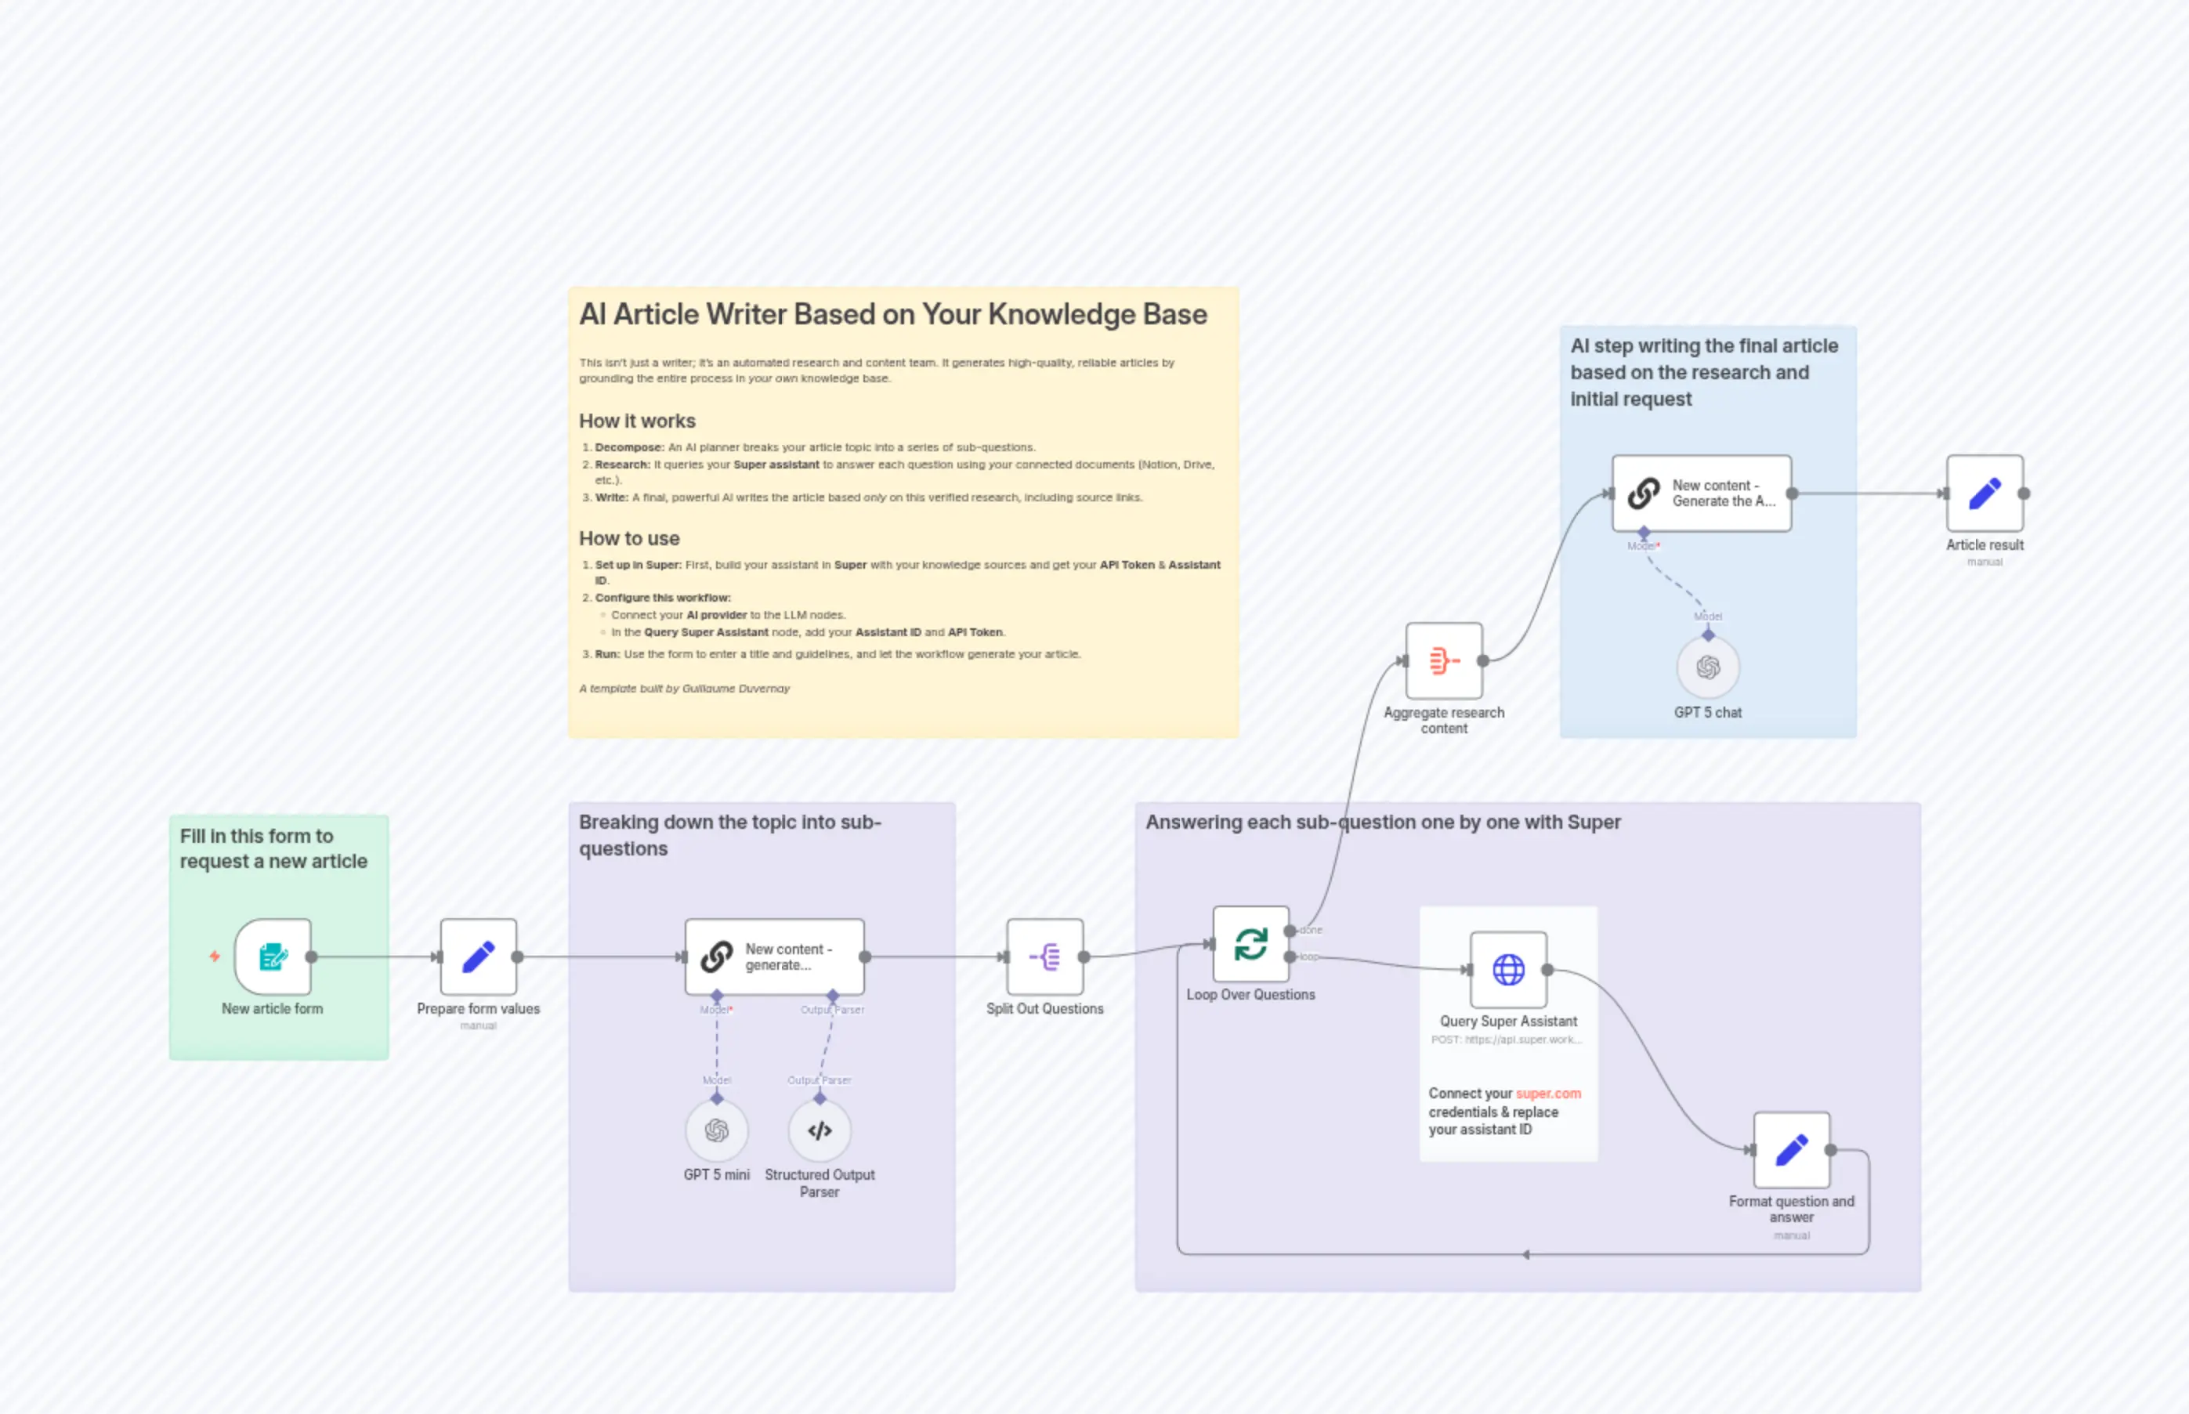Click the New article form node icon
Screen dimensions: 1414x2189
(273, 957)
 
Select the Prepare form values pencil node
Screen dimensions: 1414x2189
(479, 957)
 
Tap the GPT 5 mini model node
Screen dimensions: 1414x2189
(716, 1130)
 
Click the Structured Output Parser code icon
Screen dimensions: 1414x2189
(819, 1130)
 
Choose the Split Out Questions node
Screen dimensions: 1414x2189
(1045, 957)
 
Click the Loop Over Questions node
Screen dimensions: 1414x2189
(1250, 944)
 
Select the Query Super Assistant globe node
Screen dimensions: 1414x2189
(1509, 970)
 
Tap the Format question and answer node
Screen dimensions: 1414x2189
(1792, 1149)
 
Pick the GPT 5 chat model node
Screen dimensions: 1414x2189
(1708, 667)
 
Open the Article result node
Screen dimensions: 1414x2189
(1985, 493)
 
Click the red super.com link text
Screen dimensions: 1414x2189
(1548, 1094)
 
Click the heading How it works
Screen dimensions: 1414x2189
(637, 421)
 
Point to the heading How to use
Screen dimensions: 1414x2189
(629, 538)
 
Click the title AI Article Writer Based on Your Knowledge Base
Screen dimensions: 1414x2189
(892, 314)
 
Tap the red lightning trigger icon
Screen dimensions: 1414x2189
(214, 957)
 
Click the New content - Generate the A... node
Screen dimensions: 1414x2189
(1702, 493)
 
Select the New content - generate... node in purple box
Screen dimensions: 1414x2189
(774, 957)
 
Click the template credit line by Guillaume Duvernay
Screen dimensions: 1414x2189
(684, 689)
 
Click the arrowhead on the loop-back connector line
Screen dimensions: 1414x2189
(1525, 1254)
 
